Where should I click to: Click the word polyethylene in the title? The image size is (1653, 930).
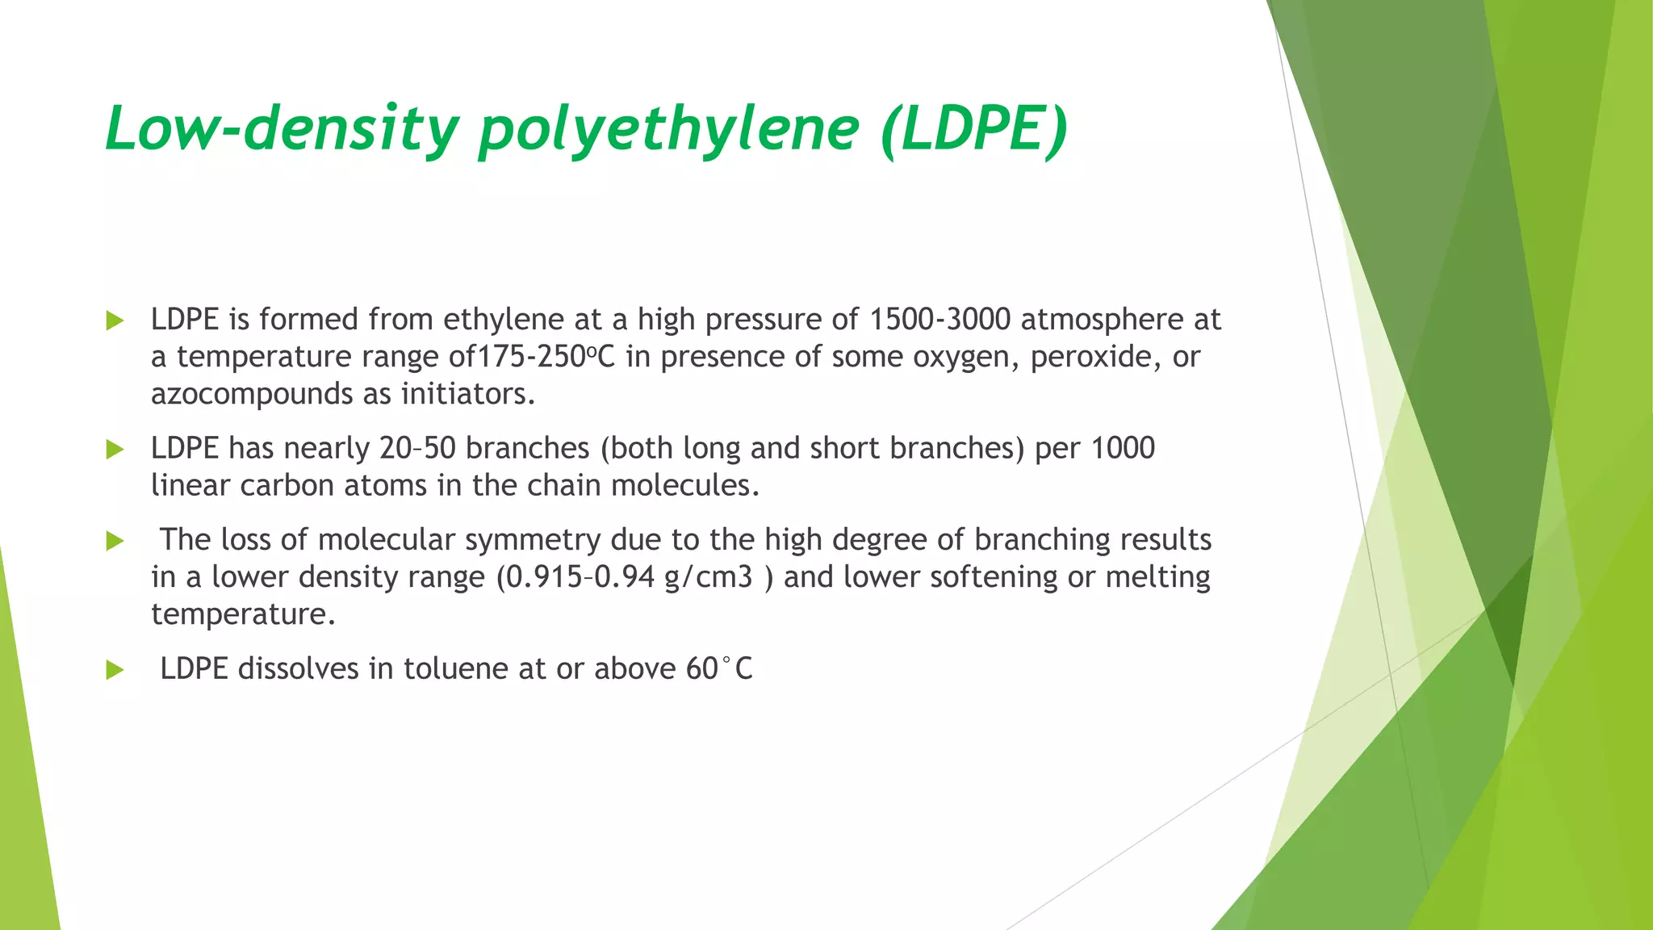pyautogui.click(x=668, y=129)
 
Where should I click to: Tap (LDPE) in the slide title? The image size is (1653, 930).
pyautogui.click(x=974, y=129)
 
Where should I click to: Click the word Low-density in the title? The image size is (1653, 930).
pyautogui.click(x=282, y=129)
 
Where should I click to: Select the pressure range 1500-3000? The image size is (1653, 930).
pyautogui.click(x=939, y=320)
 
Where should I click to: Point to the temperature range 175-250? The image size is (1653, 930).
pyautogui.click(x=536, y=357)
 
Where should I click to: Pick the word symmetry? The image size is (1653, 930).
pyautogui.click(x=532, y=540)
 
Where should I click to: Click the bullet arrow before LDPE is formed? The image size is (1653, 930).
pyautogui.click(x=115, y=321)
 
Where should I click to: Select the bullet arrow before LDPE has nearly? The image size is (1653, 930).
pyautogui.click(x=115, y=450)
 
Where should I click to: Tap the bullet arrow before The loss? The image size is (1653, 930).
pyautogui.click(x=115, y=542)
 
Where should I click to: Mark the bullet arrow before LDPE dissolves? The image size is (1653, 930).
pyautogui.click(x=115, y=670)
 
